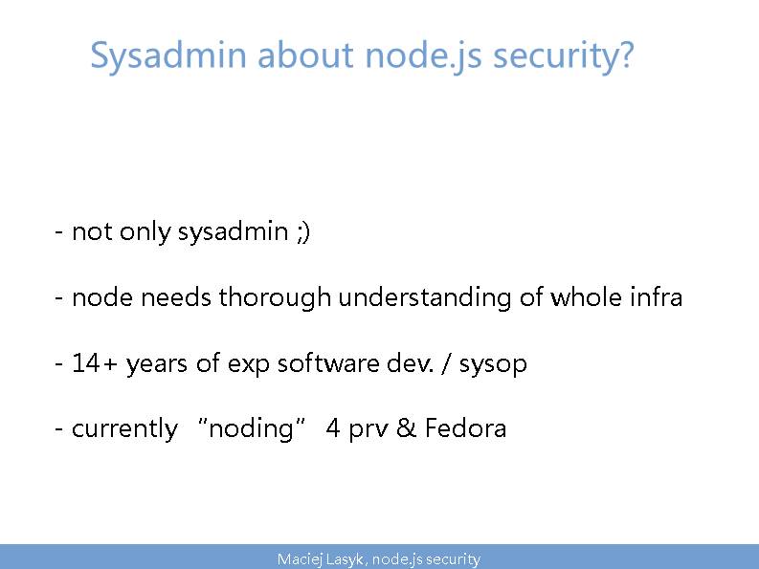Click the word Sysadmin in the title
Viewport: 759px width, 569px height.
point(168,56)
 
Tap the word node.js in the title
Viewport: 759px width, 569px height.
point(423,56)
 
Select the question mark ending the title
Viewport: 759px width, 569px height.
point(625,55)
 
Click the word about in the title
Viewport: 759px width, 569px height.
point(305,55)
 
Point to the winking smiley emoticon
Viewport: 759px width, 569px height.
point(303,232)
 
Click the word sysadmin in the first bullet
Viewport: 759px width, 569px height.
point(234,231)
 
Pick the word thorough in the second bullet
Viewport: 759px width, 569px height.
point(275,297)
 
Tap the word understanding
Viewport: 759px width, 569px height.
point(425,297)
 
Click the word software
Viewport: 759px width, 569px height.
point(328,362)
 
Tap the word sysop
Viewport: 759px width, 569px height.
point(493,364)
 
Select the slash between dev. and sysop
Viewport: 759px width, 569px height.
point(445,363)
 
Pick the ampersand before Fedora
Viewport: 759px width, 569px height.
point(406,427)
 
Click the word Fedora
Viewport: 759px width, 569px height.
point(466,427)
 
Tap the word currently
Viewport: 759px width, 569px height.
point(124,429)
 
